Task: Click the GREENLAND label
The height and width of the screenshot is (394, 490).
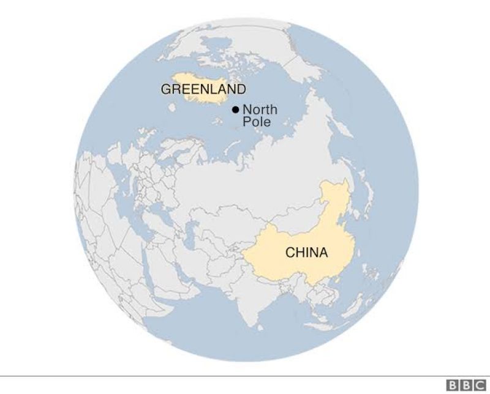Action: [203, 89]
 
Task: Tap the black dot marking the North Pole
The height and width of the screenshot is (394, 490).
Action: [235, 110]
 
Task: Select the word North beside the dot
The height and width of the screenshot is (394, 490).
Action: [260, 110]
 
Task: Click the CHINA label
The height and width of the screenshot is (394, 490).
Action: [306, 252]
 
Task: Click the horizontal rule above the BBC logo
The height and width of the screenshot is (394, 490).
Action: [245, 376]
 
